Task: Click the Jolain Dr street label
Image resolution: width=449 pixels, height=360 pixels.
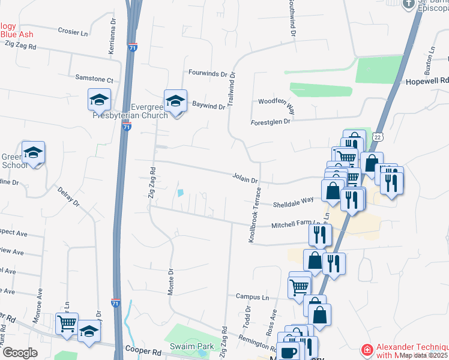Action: point(245,179)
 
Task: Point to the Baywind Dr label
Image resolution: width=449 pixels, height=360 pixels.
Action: point(208,106)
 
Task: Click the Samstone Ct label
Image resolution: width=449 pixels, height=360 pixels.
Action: point(94,79)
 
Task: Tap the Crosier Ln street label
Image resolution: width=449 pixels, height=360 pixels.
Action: point(73,31)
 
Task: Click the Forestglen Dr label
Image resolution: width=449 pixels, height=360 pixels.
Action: point(270,122)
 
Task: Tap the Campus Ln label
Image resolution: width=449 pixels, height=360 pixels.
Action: point(252,296)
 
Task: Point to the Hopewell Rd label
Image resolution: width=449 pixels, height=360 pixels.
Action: point(427,80)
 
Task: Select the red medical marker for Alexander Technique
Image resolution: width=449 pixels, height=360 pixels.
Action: point(366,350)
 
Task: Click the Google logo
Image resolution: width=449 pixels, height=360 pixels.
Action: point(20,353)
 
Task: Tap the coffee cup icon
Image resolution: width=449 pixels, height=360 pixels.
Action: point(288,352)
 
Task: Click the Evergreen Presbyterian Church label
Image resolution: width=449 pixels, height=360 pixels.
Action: point(131,111)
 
